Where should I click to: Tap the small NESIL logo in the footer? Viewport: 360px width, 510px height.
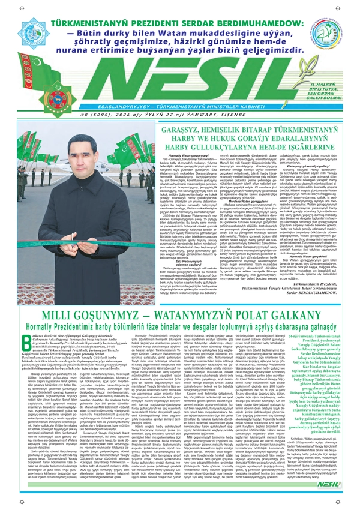pos(341,501)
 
